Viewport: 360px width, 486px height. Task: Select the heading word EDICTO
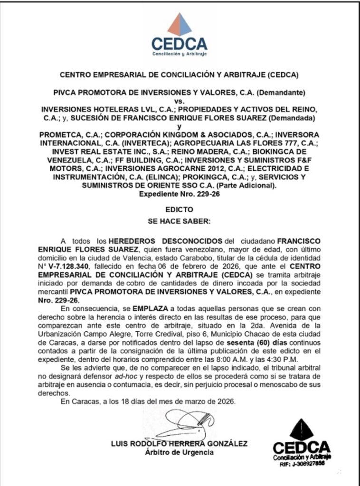(x=179, y=209)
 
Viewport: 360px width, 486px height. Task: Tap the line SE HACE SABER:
(x=179, y=221)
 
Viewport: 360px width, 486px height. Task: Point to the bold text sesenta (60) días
(x=263, y=343)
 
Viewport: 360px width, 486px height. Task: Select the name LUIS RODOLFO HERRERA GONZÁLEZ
(x=179, y=444)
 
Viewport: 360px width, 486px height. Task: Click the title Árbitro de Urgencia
(x=179, y=452)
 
